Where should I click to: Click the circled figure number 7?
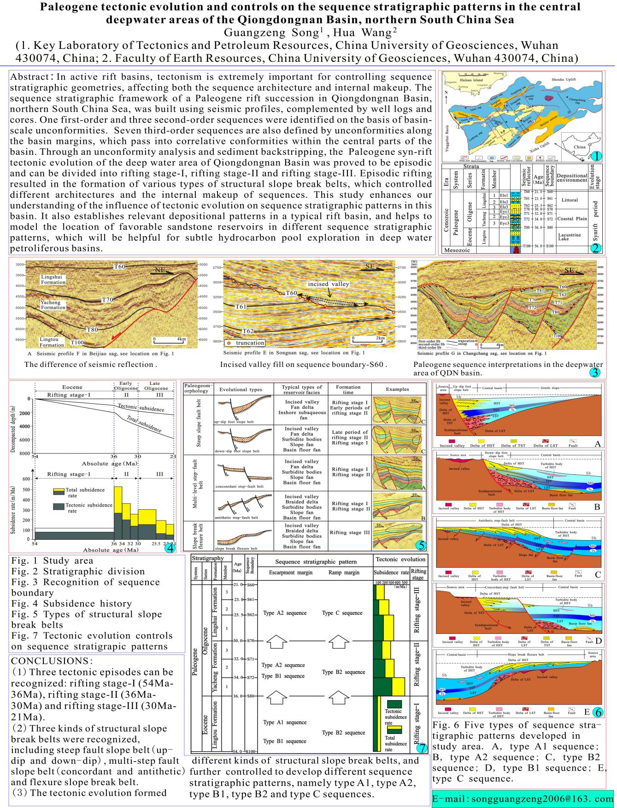pyautogui.click(x=421, y=747)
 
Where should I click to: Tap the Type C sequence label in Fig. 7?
pyautogui.click(x=342, y=613)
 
